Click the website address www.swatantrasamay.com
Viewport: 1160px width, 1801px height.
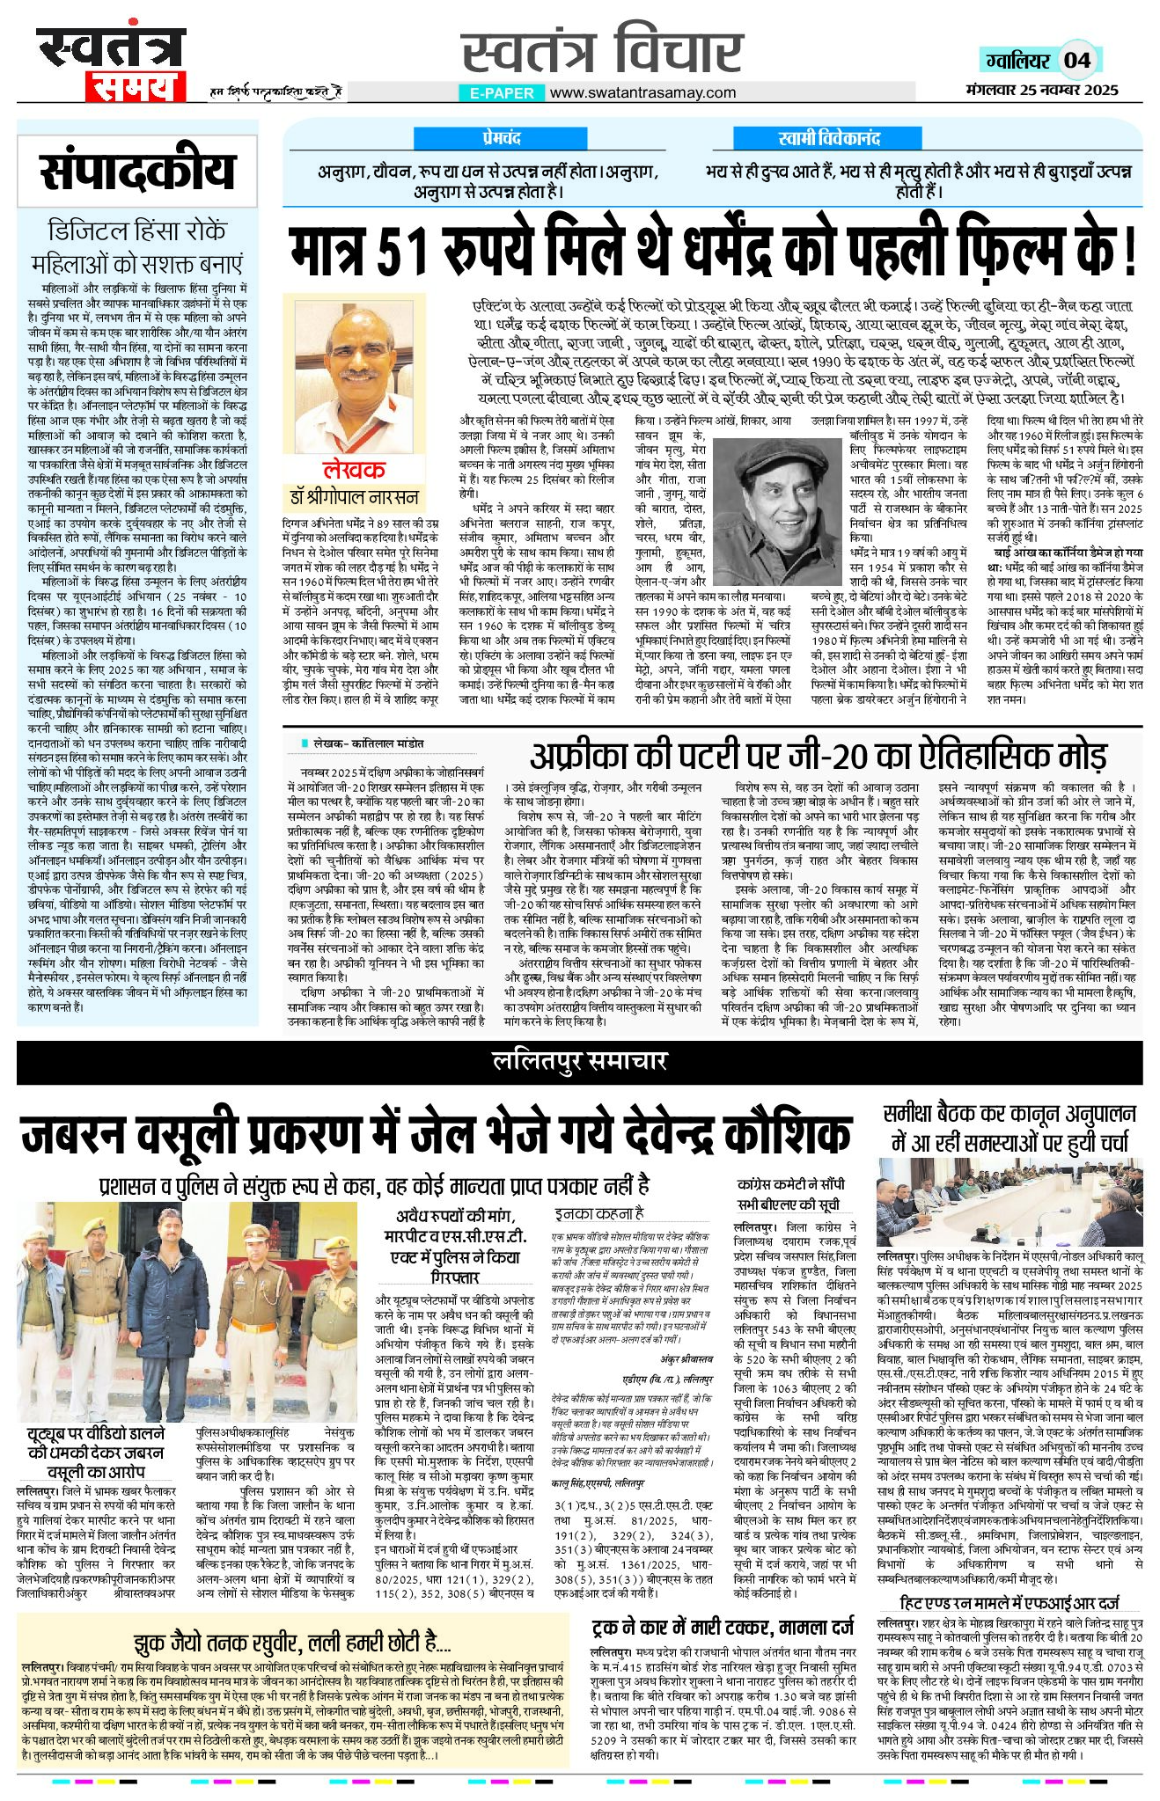point(642,92)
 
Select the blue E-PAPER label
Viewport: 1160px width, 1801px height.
point(502,92)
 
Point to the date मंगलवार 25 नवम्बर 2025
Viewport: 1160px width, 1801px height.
point(1041,89)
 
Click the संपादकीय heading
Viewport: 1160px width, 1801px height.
point(138,172)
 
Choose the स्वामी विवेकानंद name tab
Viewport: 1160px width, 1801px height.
point(829,138)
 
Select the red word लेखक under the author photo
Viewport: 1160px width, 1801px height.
point(353,469)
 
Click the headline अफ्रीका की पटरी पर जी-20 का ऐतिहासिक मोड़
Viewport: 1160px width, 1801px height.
point(818,755)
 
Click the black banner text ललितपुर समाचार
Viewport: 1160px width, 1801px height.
point(579,1062)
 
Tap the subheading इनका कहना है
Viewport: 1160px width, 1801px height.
point(598,1213)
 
